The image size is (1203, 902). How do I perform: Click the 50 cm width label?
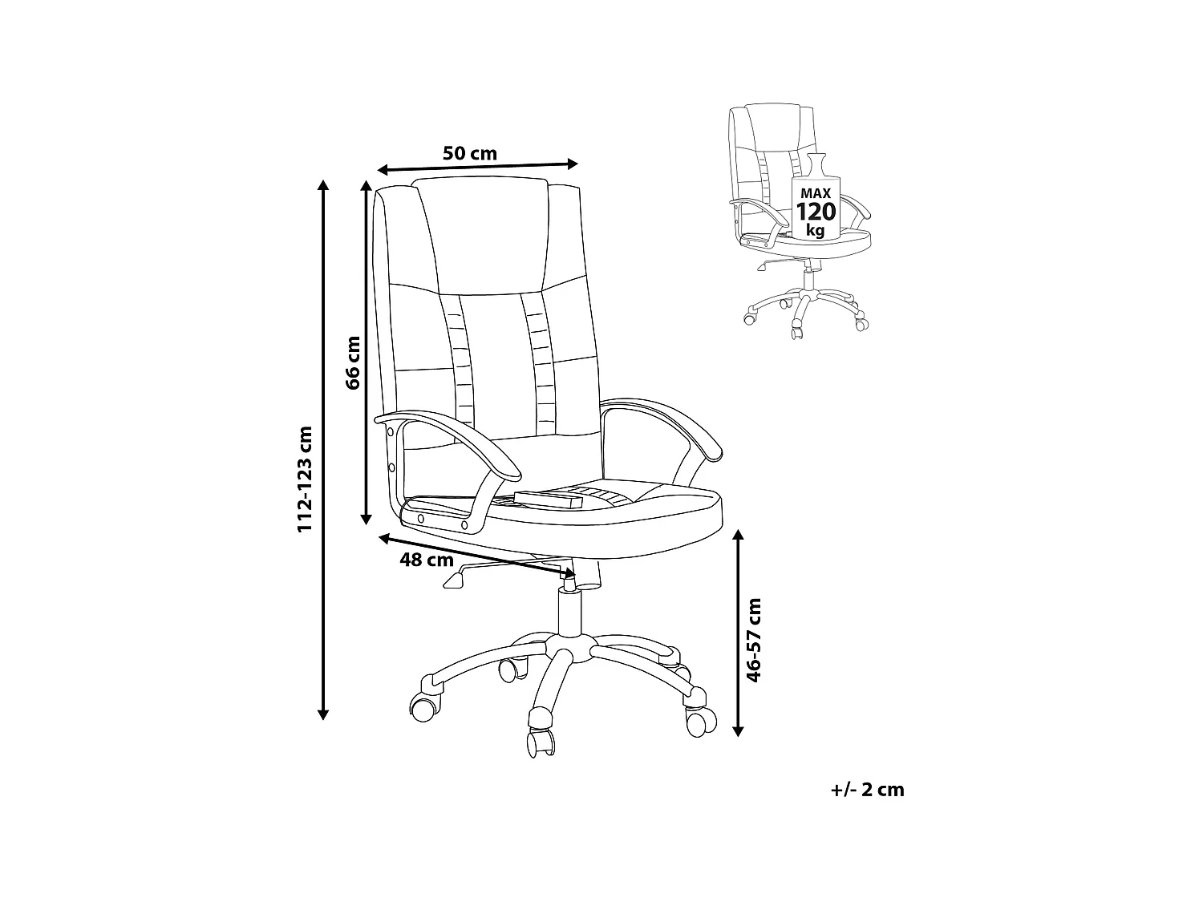click(470, 153)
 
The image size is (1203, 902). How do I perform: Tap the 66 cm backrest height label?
click(353, 362)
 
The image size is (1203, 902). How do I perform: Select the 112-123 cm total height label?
click(305, 479)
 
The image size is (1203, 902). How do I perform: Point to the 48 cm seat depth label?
click(427, 560)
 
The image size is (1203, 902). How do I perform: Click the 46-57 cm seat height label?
click(753, 639)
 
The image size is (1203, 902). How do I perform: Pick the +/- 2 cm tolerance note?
click(868, 790)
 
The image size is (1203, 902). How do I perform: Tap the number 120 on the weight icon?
click(816, 212)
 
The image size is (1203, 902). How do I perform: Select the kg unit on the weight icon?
click(816, 231)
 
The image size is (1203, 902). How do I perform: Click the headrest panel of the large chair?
click(484, 233)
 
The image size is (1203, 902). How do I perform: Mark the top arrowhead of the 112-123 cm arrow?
click(323, 186)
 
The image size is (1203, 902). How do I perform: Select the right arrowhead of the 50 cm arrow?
click(573, 164)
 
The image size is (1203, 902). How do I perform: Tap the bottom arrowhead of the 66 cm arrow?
click(366, 519)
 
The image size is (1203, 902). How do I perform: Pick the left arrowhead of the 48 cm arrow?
click(383, 536)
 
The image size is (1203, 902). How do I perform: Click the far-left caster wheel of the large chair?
click(424, 706)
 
